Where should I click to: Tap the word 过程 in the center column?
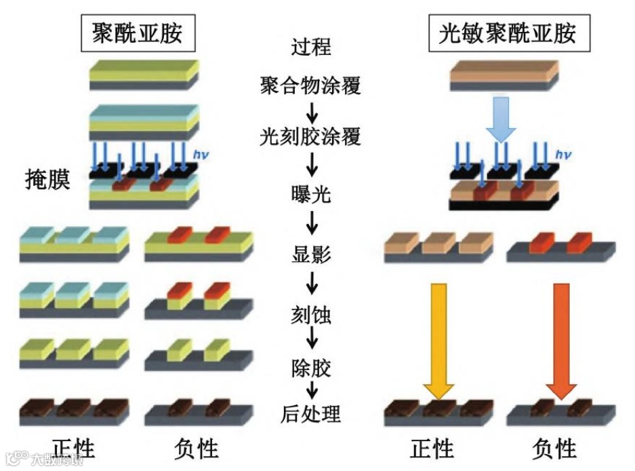click(x=311, y=48)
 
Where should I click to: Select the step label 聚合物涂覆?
click(x=310, y=86)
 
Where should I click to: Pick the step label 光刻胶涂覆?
click(x=310, y=138)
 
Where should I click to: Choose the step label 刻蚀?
click(x=311, y=314)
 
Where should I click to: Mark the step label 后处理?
click(x=311, y=413)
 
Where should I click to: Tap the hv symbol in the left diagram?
click(x=201, y=155)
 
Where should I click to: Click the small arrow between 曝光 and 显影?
click(x=312, y=225)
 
